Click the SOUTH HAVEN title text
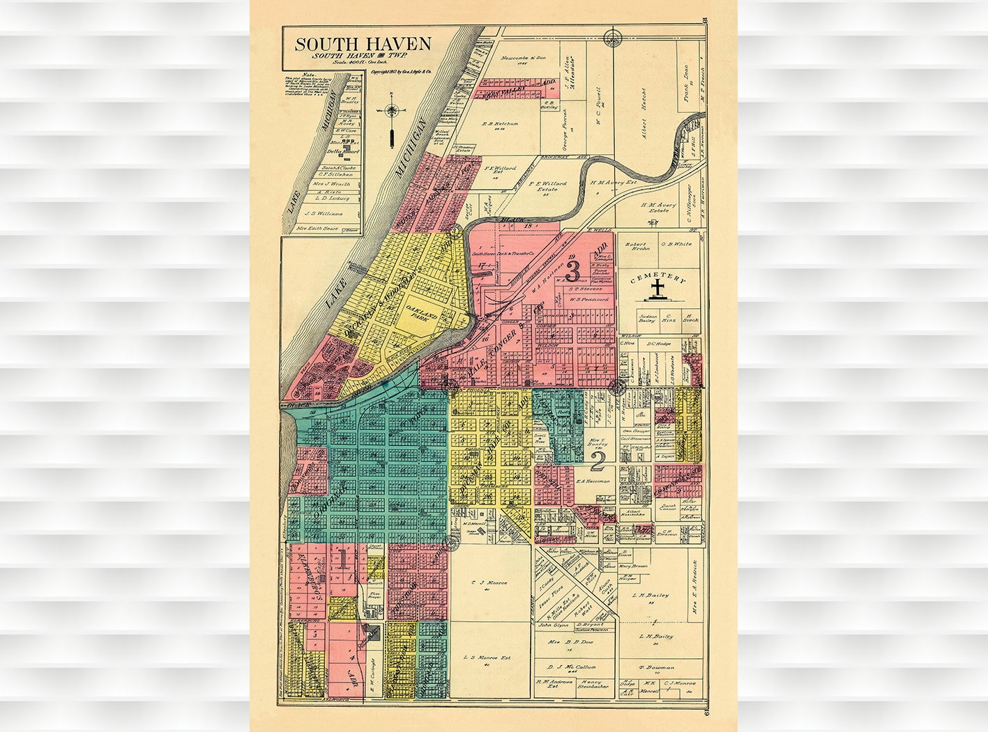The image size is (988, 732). click(x=363, y=44)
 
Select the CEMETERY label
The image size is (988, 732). click(x=658, y=279)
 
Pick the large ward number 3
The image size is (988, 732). click(x=573, y=268)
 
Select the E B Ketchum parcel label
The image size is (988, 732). click(x=501, y=124)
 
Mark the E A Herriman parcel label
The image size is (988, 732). click(x=593, y=481)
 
